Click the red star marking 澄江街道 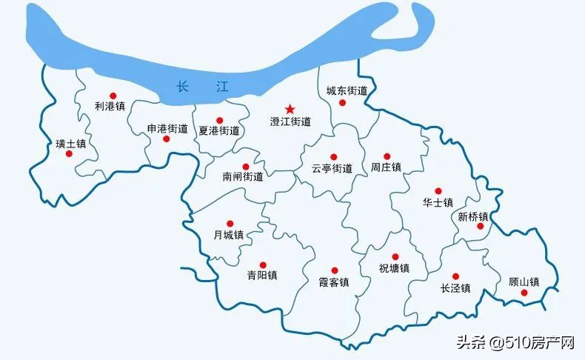pyautogui.click(x=290, y=109)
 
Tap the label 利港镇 pyautogui.click(x=110, y=107)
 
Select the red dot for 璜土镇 pyautogui.click(x=69, y=154)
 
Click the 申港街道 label pyautogui.click(x=167, y=128)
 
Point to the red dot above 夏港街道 pyautogui.click(x=219, y=120)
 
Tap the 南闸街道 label pyautogui.click(x=243, y=176)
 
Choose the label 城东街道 pyautogui.click(x=347, y=91)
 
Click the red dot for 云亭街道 pyautogui.click(x=334, y=157)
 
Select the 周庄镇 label pyautogui.click(x=386, y=168)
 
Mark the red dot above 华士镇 pyautogui.click(x=438, y=190)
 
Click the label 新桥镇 pyautogui.click(x=473, y=216)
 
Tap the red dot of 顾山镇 pyautogui.click(x=524, y=293)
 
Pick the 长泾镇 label pyautogui.click(x=455, y=288)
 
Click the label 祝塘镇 pyautogui.click(x=394, y=268)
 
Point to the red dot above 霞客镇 pyautogui.click(x=334, y=270)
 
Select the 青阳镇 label pyautogui.click(x=262, y=276)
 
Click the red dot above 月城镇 pyautogui.click(x=230, y=223)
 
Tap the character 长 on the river pyautogui.click(x=183, y=87)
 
